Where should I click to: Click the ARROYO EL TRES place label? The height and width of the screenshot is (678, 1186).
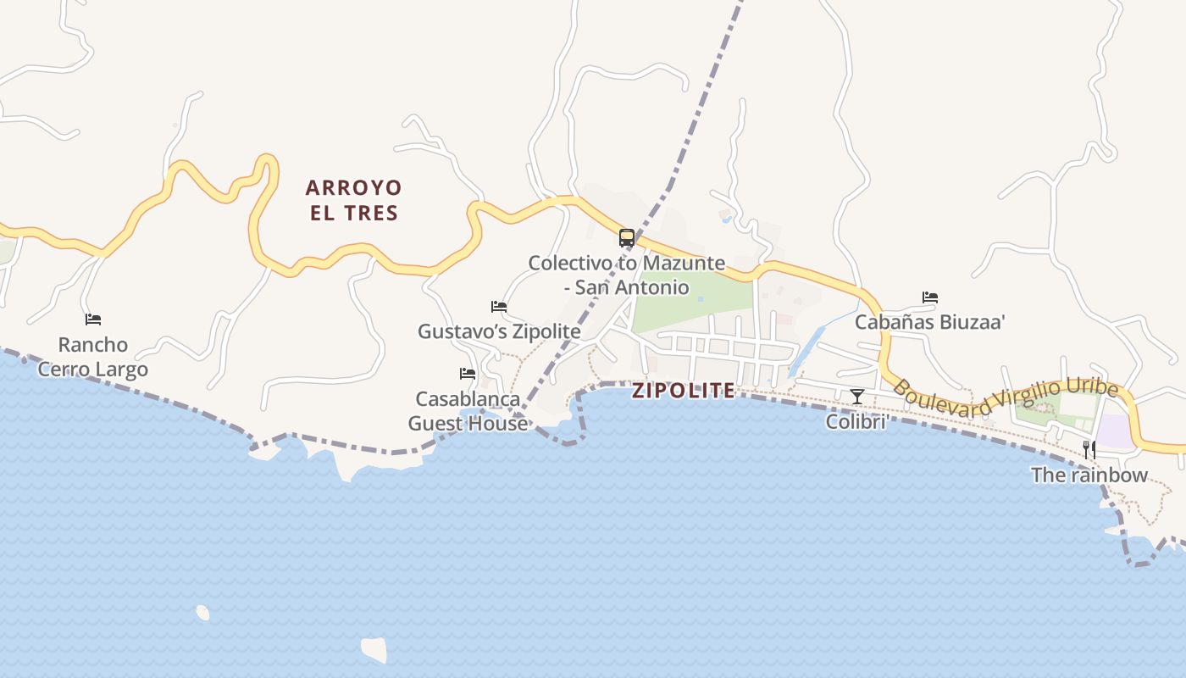coord(353,200)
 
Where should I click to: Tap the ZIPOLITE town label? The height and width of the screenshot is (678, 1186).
coord(683,391)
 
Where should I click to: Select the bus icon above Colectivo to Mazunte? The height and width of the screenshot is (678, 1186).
coord(627,238)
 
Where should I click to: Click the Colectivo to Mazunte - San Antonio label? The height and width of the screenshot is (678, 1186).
coord(627,275)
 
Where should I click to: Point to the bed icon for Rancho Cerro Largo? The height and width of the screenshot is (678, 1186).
coord(93,320)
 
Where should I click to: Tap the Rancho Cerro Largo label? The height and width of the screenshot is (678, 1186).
coord(93,357)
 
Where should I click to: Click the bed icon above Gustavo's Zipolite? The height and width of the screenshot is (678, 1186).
coord(499,307)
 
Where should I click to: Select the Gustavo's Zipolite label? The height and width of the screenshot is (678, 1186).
coord(499,331)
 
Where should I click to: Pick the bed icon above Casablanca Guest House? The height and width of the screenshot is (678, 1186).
coord(468,374)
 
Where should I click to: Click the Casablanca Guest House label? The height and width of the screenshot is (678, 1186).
coord(468,410)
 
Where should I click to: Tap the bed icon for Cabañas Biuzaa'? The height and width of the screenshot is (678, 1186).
coord(930,297)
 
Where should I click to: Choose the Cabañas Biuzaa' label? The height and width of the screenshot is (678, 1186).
coord(929,322)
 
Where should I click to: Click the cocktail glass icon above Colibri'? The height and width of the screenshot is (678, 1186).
coord(857,396)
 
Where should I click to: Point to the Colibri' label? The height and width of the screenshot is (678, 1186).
coord(857,421)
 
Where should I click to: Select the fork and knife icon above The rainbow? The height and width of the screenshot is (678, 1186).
coord(1089,449)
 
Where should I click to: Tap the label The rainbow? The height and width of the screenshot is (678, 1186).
coord(1089,475)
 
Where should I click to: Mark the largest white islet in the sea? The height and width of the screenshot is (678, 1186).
coord(374,649)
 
